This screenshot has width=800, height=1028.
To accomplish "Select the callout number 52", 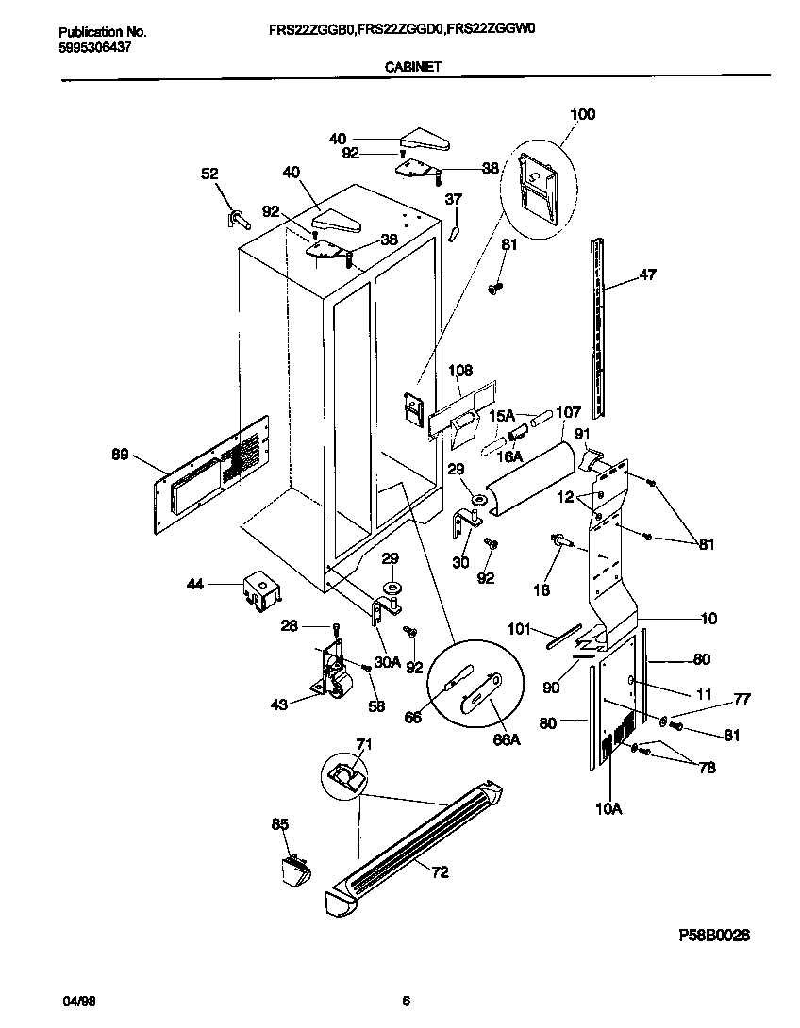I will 209,174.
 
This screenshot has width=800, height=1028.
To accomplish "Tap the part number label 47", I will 647,274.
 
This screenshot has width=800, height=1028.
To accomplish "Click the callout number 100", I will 583,114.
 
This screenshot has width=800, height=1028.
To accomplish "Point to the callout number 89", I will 121,456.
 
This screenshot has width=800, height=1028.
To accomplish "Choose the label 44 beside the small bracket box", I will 194,586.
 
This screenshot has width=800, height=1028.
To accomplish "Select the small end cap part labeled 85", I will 294,867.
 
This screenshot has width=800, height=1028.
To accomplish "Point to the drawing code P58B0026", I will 714,935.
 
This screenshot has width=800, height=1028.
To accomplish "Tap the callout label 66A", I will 507,740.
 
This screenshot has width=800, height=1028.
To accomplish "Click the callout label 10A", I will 608,807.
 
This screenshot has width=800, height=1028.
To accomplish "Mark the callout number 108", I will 461,371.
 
